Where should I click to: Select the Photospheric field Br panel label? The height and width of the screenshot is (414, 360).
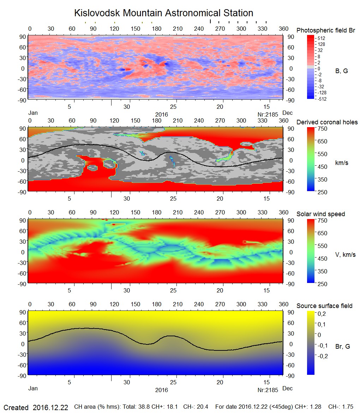326,31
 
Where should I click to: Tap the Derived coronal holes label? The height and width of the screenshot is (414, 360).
327,122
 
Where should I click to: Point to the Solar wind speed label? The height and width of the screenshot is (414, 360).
320,214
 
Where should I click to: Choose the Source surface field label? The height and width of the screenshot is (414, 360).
324,306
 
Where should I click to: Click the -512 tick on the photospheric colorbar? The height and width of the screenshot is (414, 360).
322,99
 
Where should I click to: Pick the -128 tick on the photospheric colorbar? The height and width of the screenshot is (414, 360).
322,93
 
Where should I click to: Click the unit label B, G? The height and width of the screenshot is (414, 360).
341,71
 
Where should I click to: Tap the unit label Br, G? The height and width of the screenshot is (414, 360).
342,347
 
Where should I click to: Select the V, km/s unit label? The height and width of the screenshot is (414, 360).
345,255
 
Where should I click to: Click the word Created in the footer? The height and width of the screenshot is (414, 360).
16,408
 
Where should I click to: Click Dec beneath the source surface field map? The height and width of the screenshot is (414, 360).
288,389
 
